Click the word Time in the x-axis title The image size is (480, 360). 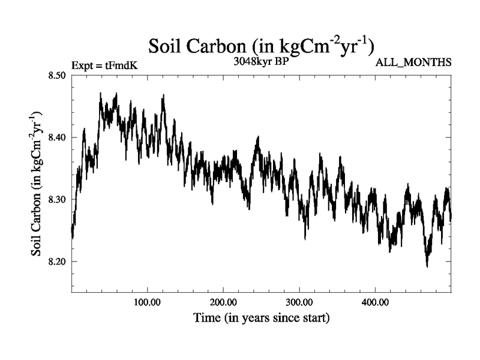[207, 317]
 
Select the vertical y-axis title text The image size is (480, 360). [37, 183]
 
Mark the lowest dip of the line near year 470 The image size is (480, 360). [427, 266]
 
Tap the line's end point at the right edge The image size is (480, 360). [451, 217]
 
